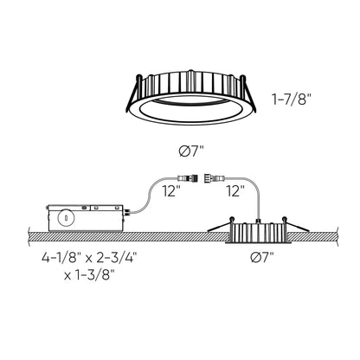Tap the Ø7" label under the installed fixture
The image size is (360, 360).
click(260, 257)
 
